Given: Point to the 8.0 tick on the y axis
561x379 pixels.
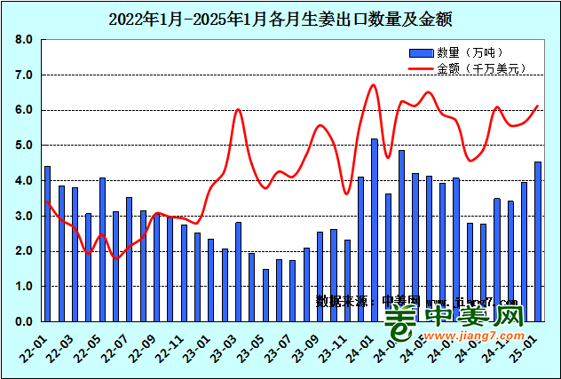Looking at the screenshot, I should click(24, 40).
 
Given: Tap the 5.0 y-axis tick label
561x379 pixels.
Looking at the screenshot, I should click(24, 146).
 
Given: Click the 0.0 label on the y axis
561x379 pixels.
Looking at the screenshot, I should click(24, 321).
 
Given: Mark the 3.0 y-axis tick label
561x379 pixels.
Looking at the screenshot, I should click(24, 216).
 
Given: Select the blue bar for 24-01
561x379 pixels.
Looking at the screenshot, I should click(375, 230).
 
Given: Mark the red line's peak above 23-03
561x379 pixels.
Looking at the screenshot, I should click(238, 109).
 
